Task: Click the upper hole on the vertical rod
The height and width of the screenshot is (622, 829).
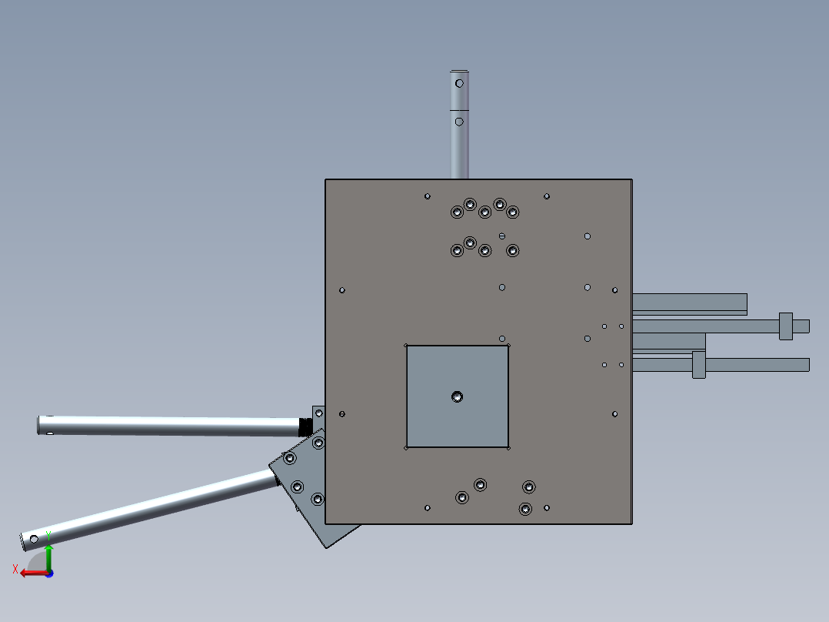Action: [460, 83]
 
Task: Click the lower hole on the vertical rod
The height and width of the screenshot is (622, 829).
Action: [459, 122]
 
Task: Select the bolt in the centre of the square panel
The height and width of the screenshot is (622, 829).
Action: [458, 396]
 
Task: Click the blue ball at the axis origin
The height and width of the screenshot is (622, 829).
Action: [49, 574]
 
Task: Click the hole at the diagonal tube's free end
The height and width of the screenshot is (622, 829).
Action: [34, 538]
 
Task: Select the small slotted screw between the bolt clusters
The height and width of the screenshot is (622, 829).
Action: [502, 236]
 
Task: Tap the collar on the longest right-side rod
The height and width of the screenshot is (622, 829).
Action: [785, 326]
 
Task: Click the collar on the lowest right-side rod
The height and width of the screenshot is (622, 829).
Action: [698, 364]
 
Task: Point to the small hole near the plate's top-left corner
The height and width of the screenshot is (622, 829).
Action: [428, 196]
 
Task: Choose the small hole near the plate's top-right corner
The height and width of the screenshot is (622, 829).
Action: [547, 196]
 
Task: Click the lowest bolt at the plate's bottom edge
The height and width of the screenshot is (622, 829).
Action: [525, 509]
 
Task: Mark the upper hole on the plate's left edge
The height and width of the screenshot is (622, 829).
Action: [342, 290]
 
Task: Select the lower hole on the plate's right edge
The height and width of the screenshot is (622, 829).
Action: [615, 414]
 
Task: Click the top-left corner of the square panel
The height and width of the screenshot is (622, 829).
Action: [406, 345]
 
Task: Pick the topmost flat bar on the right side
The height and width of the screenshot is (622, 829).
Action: [688, 302]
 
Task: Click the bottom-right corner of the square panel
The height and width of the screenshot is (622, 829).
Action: [508, 446]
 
